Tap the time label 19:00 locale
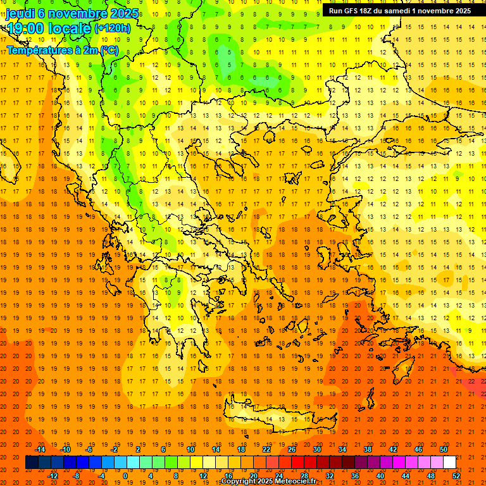coord(49,28)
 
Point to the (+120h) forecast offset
coord(113,28)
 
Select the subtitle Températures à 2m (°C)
coord(62,50)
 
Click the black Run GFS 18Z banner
coord(399,11)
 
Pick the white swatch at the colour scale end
coord(449,463)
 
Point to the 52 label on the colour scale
coord(456,475)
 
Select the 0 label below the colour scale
coord(125,475)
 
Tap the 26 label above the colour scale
coord(292,449)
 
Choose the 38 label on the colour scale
coord(368,449)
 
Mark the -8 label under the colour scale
coord(76,475)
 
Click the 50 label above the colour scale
coord(444,449)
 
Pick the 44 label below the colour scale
coord(406,475)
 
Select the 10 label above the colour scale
coord(190,449)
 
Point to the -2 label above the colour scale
coord(115,449)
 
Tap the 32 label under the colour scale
coord(330,475)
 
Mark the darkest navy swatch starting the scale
coord(32,463)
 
